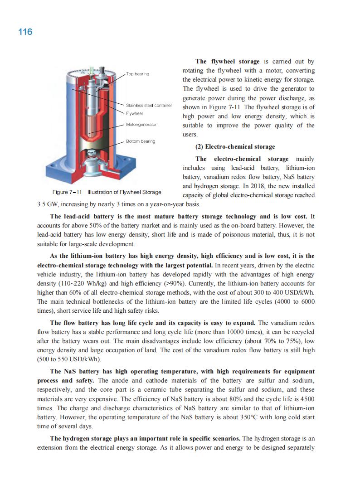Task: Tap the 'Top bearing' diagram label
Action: pyautogui.click(x=138, y=74)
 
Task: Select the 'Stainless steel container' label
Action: pyautogui.click(x=149, y=106)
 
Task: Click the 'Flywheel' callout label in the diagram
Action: pyautogui.click(x=135, y=112)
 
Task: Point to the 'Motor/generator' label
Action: pyautogui.click(x=141, y=124)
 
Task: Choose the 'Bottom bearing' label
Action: pyautogui.click(x=141, y=141)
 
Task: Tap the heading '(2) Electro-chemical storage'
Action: pyautogui.click(x=235, y=147)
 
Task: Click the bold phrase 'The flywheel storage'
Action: pyautogui.click(x=227, y=61)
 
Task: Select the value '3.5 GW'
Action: pyautogui.click(x=47, y=204)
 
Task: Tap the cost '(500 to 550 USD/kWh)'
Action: pyautogui.click(x=69, y=359)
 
